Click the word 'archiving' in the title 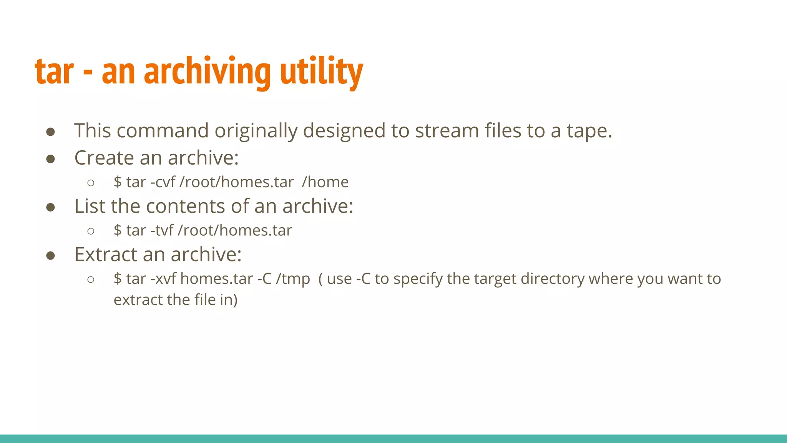point(207,71)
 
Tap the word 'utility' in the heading point(321,71)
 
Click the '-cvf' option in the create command point(163,182)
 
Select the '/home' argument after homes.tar point(325,182)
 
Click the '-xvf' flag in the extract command point(163,279)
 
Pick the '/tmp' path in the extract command point(293,279)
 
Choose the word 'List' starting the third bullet point(90,206)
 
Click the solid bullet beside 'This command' point(50,132)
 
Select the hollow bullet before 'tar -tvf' point(91,231)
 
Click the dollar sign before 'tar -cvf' point(118,182)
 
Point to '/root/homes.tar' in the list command point(235,230)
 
